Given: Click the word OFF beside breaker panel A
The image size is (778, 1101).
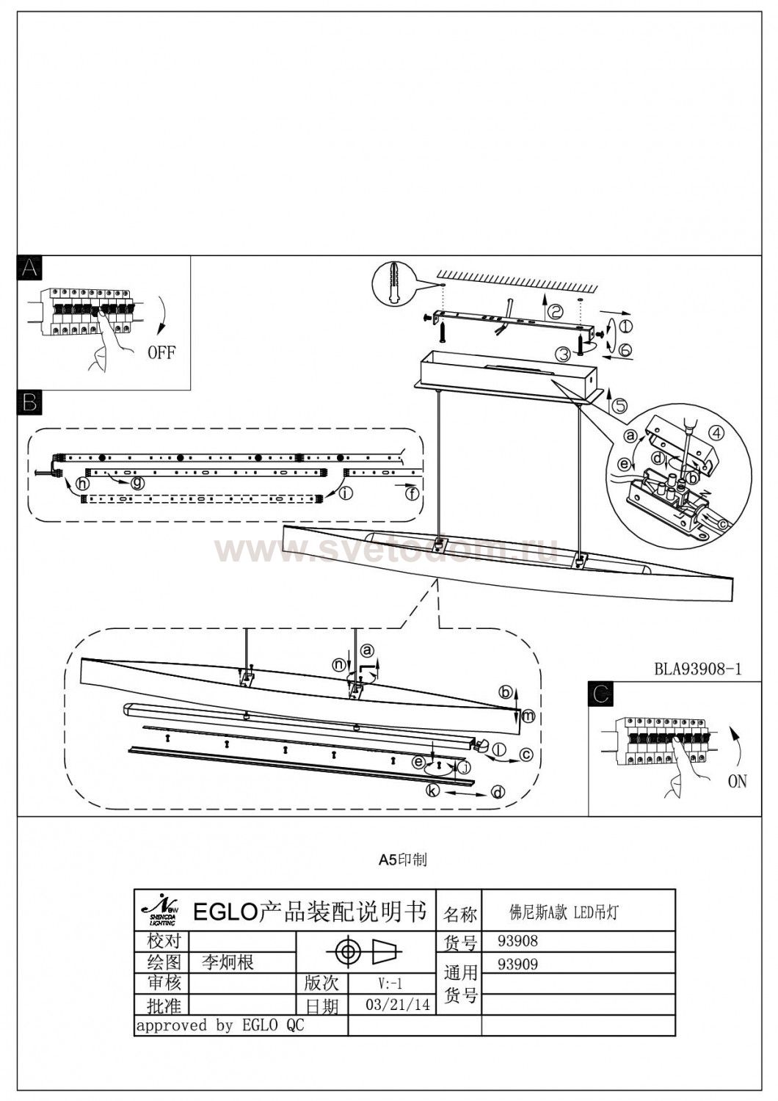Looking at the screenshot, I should tap(161, 352).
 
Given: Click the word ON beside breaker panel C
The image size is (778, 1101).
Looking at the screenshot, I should tap(737, 782).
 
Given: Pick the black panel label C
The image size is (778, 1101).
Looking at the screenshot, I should tap(602, 694).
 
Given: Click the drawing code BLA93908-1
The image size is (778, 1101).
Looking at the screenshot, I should tap(698, 669).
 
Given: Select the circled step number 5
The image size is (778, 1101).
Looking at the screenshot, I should tap(621, 404).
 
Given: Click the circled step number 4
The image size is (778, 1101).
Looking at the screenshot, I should tap(717, 433).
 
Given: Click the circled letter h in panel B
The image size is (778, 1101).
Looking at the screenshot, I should tap(83, 484).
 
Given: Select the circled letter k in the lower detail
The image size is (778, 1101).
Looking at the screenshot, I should tap(433, 791).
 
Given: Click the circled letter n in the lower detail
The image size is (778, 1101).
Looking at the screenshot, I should tap(338, 664).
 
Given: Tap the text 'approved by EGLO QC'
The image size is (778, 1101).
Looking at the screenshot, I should tap(220, 1025).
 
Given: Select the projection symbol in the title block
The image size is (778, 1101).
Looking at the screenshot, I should tap(365, 952).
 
